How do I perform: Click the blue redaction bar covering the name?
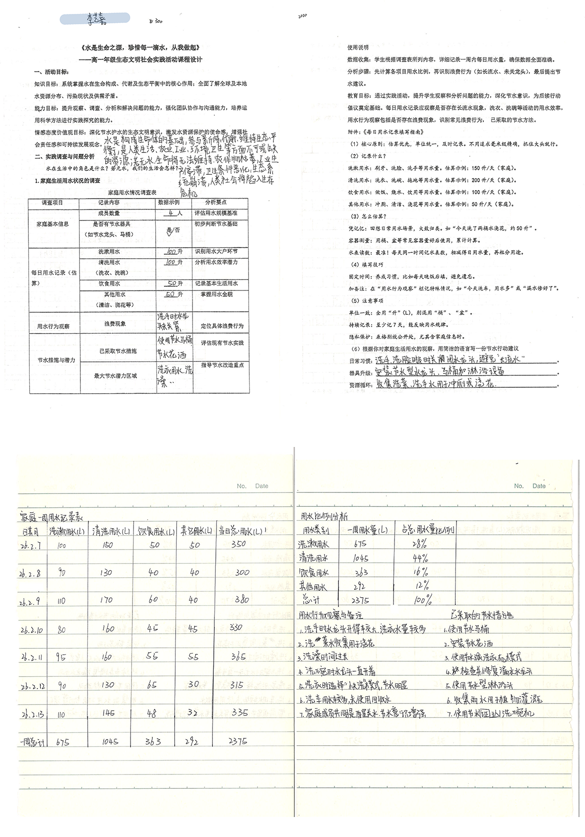pos(94,19)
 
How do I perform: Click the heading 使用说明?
pos(358,48)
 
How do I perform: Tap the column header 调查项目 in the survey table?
pos(53,203)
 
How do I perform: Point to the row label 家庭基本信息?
pos(53,224)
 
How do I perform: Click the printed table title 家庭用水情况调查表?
pos(132,192)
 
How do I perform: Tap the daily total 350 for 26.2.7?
pos(238,544)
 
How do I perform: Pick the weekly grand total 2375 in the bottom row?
pos(238,741)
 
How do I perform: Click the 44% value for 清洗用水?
pos(420,558)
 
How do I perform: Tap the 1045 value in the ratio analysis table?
pos(360,558)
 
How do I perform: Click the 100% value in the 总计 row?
pos(422,600)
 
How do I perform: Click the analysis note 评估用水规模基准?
pos(216,213)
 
